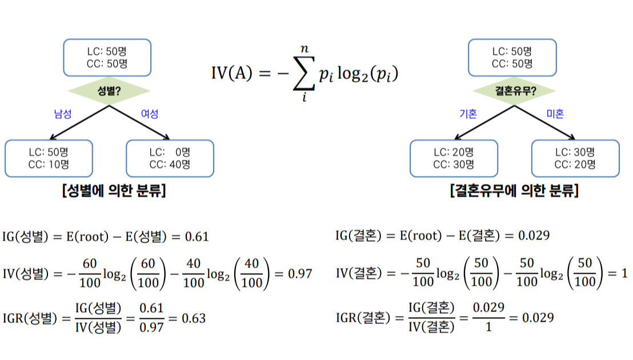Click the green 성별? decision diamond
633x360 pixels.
pos(109,91)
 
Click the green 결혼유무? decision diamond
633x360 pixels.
pos(514,91)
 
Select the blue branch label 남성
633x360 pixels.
pos(63,114)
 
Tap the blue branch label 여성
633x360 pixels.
pos(149,114)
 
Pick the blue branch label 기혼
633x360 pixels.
pos(468,114)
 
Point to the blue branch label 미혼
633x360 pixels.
pos(555,114)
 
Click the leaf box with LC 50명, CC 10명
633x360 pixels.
pos(49,158)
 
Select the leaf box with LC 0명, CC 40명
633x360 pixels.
pos(170,158)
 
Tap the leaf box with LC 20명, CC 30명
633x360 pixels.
pos(454,158)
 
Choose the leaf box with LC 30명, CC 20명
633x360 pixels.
pos(575,158)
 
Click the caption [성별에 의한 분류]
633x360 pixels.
pos(114,190)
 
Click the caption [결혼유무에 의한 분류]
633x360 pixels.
pos(514,190)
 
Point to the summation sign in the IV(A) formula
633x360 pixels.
pos(303,73)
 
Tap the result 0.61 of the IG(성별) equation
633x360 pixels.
pos(197,237)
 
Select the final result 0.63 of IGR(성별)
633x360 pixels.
pos(193,318)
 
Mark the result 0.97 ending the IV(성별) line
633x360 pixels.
pos(300,274)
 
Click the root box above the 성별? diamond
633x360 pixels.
pos(107,58)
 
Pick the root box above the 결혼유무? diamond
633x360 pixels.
pos(512,58)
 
